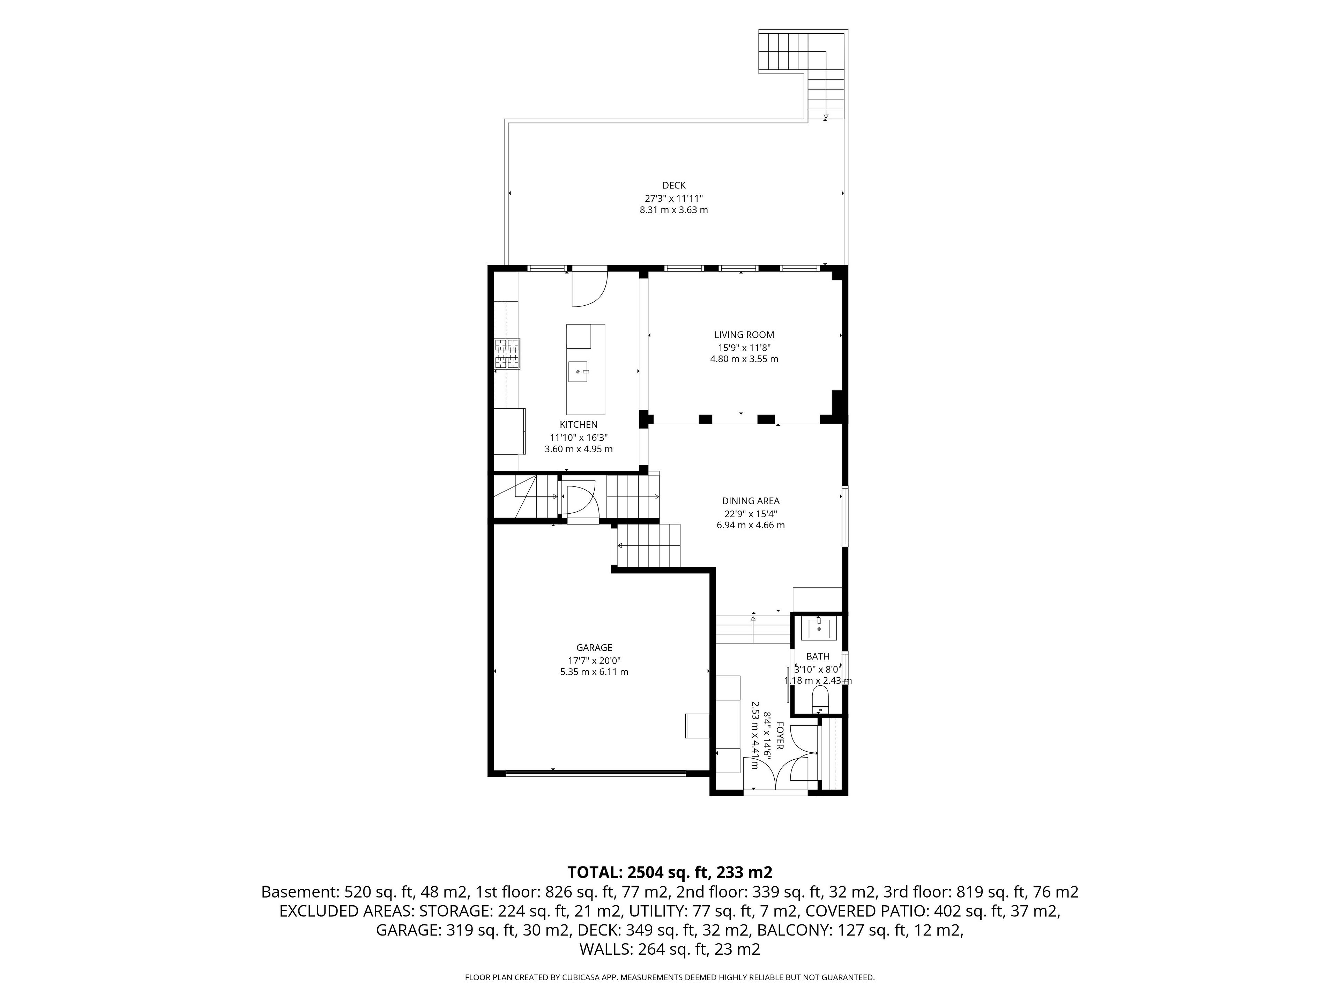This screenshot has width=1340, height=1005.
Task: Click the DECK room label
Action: pyautogui.click(x=673, y=185)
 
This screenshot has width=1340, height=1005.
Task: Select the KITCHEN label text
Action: pyautogui.click(x=579, y=425)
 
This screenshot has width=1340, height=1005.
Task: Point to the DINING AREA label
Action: pyautogui.click(x=751, y=501)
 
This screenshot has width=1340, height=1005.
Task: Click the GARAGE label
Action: pyautogui.click(x=594, y=648)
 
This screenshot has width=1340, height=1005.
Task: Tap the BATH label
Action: pyautogui.click(x=818, y=656)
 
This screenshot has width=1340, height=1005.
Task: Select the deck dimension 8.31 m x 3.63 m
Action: pyautogui.click(x=673, y=210)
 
